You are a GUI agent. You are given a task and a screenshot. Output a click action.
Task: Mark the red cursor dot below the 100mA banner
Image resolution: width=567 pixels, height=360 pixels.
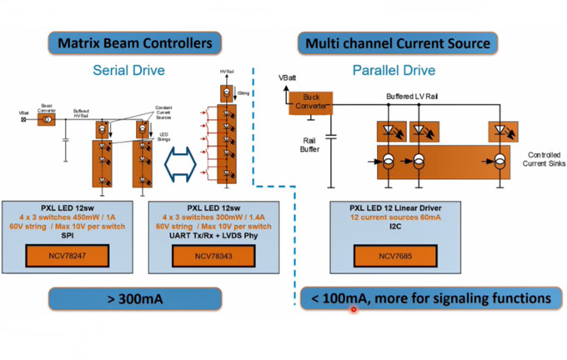[354, 309]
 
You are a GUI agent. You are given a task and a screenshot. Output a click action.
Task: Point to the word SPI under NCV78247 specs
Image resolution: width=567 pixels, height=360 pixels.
[72, 235]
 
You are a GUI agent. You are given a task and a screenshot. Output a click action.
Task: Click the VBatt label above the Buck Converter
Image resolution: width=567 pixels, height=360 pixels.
[289, 77]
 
